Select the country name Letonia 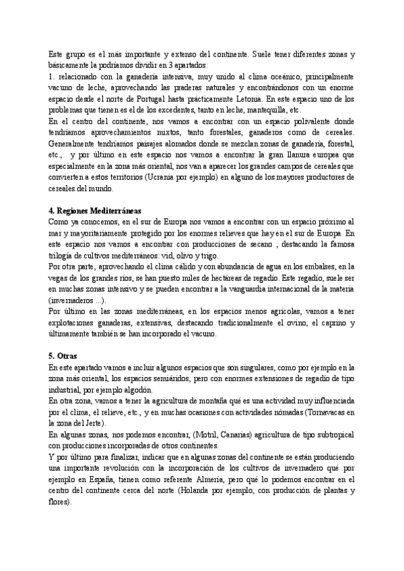(254, 99)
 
